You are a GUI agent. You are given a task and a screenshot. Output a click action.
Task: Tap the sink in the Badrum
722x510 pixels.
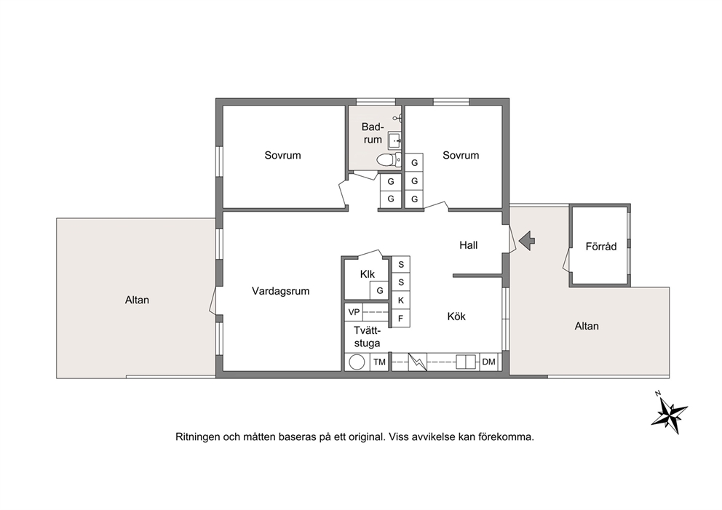(x=394, y=140)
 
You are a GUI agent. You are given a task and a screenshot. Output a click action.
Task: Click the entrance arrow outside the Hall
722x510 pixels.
(x=527, y=240)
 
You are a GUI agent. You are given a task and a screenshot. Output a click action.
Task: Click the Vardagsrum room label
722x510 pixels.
(x=280, y=291)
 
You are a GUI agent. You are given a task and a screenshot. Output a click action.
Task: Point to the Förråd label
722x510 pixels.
(x=601, y=246)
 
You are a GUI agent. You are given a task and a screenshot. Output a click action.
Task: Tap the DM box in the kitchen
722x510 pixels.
(x=489, y=362)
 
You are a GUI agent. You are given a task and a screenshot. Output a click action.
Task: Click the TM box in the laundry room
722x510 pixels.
(x=379, y=362)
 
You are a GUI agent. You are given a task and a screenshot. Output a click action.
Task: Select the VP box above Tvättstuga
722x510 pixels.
(x=354, y=312)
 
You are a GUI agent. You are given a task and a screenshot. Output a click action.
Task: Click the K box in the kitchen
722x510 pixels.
(x=400, y=300)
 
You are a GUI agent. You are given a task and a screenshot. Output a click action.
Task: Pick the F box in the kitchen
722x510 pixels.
(x=400, y=318)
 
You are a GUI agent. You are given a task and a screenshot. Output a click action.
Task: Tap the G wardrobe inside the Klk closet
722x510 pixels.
(x=380, y=290)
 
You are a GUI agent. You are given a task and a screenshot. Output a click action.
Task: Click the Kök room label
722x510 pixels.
(x=456, y=316)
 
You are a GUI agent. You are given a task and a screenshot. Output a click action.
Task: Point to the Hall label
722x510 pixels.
(x=468, y=245)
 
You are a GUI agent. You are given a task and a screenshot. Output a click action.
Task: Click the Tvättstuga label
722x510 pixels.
(x=367, y=337)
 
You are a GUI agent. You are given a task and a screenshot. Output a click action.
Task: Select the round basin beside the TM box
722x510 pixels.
(x=357, y=362)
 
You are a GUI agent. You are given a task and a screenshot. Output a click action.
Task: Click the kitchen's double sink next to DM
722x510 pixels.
(x=465, y=362)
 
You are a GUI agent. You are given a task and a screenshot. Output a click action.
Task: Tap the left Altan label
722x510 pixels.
(x=137, y=300)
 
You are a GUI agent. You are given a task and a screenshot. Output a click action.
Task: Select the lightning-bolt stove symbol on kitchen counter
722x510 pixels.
(x=418, y=362)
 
